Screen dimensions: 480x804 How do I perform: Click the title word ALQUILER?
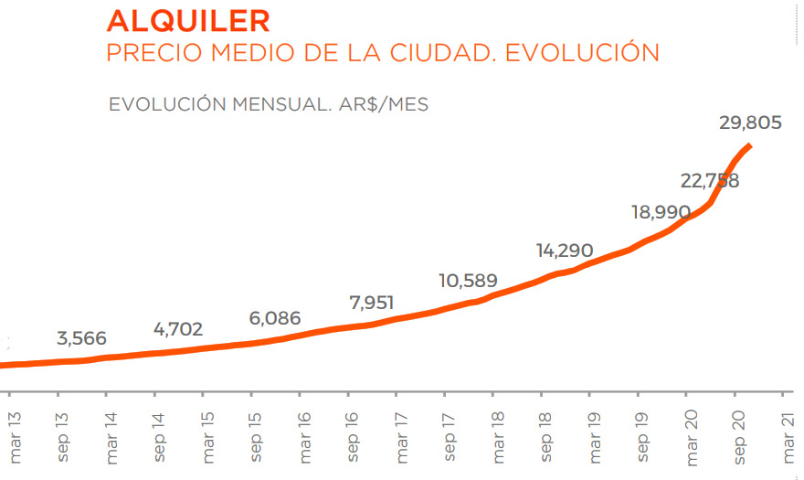click(x=187, y=20)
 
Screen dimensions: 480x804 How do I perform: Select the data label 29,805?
click(x=750, y=123)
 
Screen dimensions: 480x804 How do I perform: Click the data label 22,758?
click(x=709, y=180)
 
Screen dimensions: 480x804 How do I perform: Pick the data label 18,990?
click(x=661, y=212)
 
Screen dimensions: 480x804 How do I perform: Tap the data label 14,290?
click(x=564, y=251)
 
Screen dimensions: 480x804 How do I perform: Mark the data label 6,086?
click(x=275, y=319)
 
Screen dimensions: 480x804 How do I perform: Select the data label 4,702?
click(x=178, y=329)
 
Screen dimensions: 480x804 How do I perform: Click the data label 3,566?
click(x=82, y=338)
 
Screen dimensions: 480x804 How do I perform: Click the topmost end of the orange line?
click(x=749, y=146)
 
